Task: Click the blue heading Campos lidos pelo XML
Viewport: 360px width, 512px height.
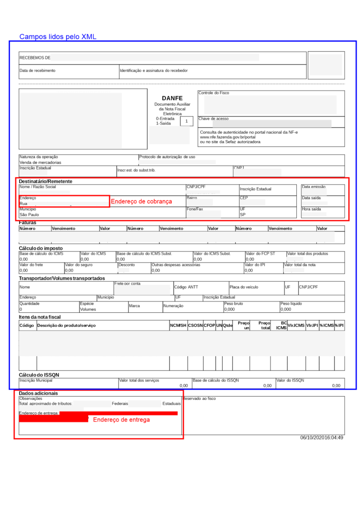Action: pos(58,37)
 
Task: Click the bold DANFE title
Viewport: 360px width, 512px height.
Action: pos(172,98)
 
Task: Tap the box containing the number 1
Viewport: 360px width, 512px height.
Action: pos(187,121)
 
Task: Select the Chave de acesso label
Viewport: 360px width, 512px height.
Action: pos(213,119)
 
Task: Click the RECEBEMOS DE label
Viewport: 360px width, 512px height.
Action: pos(35,58)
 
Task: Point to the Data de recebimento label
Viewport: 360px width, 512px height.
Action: pos(37,70)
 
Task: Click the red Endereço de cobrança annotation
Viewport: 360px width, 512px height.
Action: pos(141,201)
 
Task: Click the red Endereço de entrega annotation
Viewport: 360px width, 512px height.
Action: pos(121,420)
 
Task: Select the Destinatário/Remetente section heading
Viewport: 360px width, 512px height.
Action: pos(45,181)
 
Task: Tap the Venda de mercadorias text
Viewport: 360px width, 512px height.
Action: pos(40,162)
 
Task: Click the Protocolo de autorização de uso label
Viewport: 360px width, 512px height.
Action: pos(167,157)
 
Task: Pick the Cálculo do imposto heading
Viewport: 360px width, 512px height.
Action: pos(41,248)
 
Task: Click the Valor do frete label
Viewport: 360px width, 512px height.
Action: pos(31,265)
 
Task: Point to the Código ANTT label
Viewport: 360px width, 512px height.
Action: pos(186,287)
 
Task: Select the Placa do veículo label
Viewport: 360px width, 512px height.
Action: pos(243,287)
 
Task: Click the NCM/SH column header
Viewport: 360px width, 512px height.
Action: pos(178,325)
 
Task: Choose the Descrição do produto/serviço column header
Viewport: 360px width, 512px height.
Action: pos(66,325)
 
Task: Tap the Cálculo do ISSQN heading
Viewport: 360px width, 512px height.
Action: pos(39,375)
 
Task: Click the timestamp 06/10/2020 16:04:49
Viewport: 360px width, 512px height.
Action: pos(322,437)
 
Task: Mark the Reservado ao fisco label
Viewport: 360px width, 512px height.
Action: pos(199,398)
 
